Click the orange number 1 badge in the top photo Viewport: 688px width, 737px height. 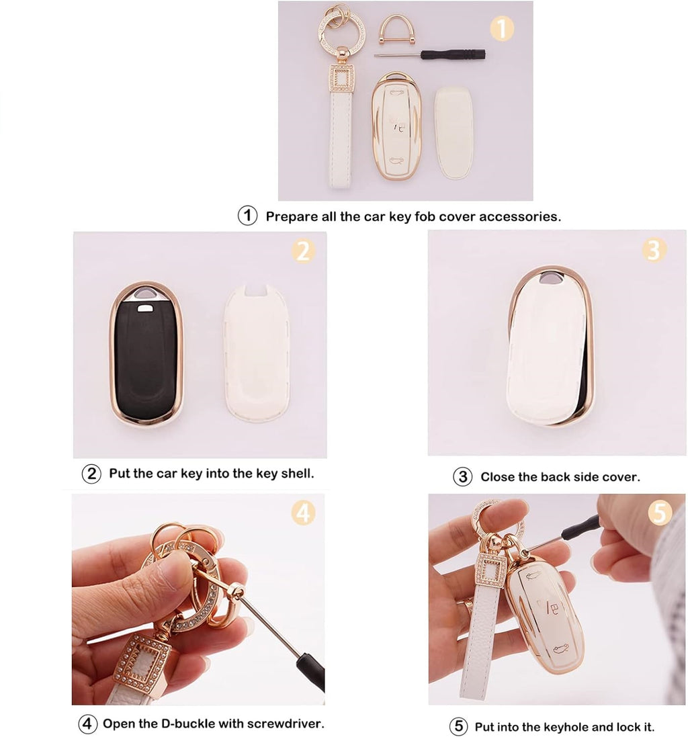501,29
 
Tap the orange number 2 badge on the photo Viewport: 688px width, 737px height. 303,251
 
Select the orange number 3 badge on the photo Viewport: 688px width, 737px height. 654,250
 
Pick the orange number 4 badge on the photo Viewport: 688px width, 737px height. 303,514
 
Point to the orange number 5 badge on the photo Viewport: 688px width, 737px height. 660,514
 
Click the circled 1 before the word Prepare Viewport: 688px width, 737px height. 248,216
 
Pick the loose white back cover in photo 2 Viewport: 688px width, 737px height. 256,353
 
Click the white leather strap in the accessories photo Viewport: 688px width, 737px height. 341,141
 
